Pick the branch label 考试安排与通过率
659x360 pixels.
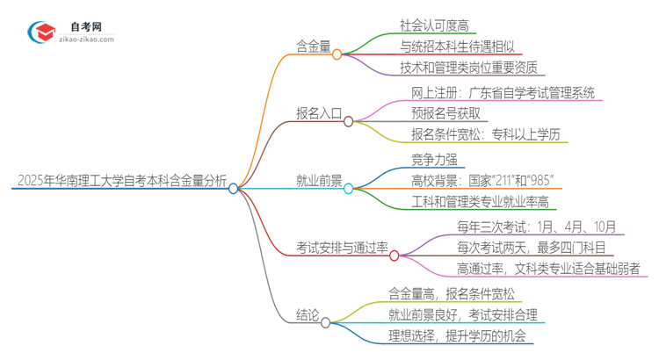341,248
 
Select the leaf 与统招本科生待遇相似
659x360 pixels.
457,46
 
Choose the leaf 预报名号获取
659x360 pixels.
445,113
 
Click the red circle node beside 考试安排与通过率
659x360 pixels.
394,256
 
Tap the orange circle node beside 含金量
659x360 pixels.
337,54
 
